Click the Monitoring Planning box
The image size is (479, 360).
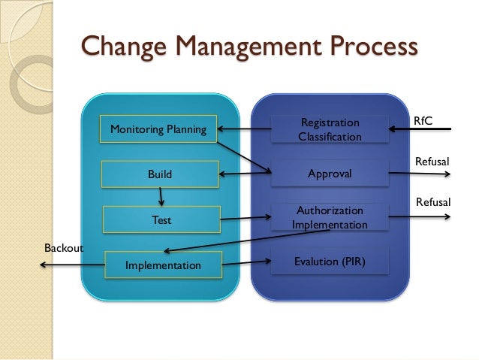158,129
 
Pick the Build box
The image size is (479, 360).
159,174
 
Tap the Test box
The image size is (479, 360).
161,220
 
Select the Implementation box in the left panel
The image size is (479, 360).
163,265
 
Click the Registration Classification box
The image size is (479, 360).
330,129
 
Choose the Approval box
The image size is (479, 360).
330,174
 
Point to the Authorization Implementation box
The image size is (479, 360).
330,217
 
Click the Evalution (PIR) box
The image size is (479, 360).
330,262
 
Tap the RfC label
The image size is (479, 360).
423,120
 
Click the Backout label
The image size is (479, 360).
63,247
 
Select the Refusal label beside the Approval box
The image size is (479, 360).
432,161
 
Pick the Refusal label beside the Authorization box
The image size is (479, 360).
432,202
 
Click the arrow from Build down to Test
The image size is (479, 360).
161,197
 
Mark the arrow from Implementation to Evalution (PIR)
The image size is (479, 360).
246,263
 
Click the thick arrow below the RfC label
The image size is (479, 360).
420,130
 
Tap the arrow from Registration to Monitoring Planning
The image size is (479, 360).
244,129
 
